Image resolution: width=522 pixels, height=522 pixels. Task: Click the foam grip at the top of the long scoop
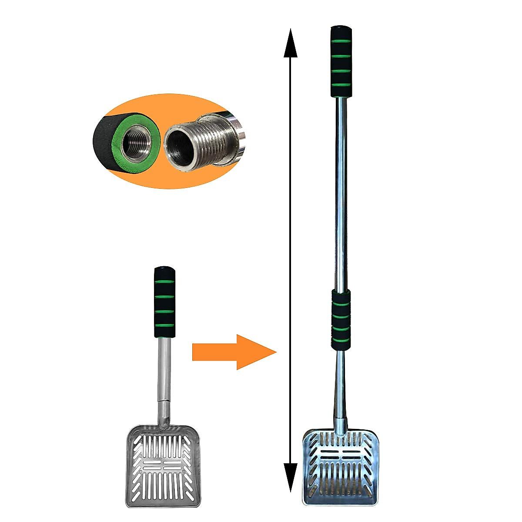point(341,61)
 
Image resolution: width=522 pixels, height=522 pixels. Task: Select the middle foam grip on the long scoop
point(341,319)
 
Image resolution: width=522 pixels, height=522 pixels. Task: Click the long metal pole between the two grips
point(341,191)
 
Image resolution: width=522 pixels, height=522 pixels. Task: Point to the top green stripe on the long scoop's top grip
point(341,43)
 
